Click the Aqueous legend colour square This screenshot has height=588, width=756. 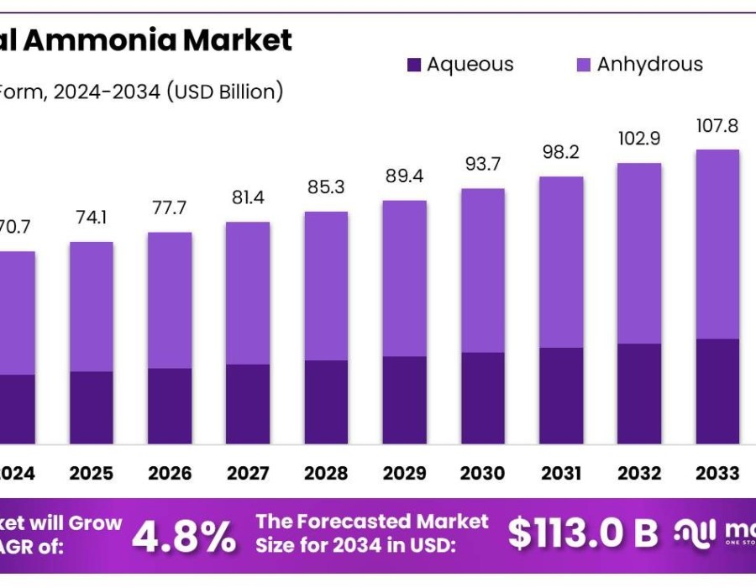pos(414,65)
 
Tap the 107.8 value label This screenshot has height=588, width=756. pos(717,126)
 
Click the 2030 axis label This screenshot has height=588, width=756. pos(482,474)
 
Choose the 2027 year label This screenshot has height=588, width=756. pos(248,474)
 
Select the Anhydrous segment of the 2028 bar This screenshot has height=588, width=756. pos(326,286)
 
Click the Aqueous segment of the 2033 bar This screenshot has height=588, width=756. pos(717,391)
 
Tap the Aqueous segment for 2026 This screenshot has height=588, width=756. pos(170,406)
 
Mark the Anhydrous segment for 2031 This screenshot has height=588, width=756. pos(561,262)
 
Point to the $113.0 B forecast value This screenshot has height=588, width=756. pos(583,533)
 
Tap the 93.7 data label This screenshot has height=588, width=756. pos(482,165)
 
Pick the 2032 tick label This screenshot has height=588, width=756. pos(639,474)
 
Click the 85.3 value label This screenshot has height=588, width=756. pos(326,187)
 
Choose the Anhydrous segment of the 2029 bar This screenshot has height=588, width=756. pos(404,278)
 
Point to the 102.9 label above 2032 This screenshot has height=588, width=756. pos(639,139)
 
